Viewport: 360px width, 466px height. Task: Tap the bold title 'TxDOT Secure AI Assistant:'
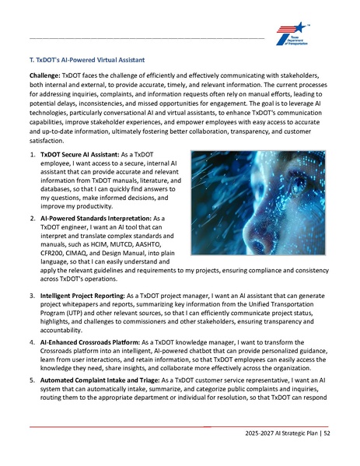point(79,155)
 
